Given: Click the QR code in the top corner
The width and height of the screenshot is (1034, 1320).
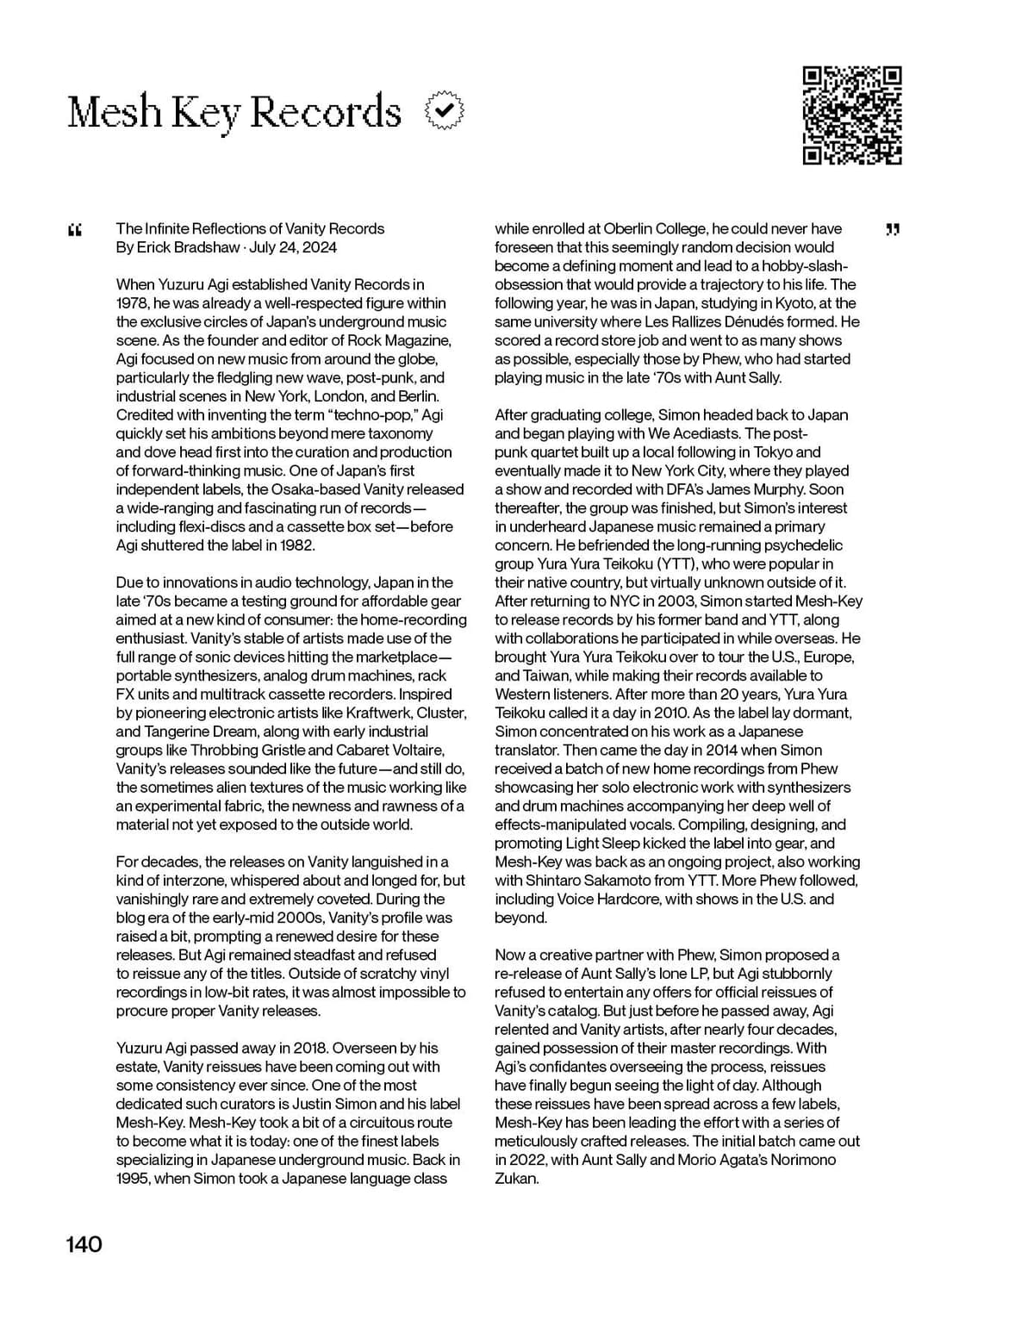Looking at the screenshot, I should [x=852, y=115].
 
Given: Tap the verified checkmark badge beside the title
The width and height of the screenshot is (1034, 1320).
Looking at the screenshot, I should [x=445, y=111].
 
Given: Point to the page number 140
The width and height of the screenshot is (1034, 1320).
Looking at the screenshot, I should [x=84, y=1244].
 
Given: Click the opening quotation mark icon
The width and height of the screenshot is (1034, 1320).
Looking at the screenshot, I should [x=74, y=230].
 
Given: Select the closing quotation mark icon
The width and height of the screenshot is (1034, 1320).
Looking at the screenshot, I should [x=893, y=229].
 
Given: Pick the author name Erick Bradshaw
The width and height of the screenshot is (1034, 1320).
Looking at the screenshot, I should [x=189, y=247].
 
